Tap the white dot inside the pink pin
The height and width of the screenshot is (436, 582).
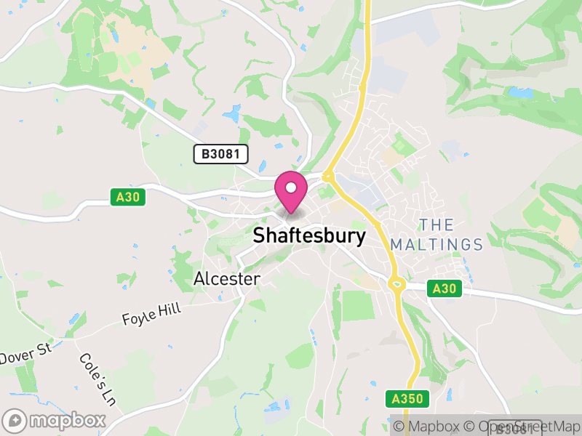click(x=291, y=187)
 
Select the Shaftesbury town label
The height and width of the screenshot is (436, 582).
click(x=309, y=235)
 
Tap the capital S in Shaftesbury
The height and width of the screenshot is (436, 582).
click(x=259, y=235)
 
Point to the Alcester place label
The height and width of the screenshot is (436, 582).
click(x=227, y=279)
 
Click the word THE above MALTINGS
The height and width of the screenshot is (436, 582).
click(x=436, y=225)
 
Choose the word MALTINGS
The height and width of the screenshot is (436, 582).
click(x=436, y=244)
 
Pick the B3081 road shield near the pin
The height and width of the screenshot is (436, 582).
click(x=221, y=154)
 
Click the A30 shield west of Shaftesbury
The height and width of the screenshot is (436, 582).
click(x=129, y=197)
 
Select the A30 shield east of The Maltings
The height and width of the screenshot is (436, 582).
click(x=443, y=288)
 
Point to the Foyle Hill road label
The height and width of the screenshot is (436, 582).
click(x=151, y=315)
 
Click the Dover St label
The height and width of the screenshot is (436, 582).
click(x=25, y=355)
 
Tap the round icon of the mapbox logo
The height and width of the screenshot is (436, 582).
click(x=15, y=420)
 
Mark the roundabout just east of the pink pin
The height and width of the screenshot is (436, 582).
click(x=328, y=176)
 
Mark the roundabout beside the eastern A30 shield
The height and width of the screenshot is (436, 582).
click(x=397, y=286)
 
